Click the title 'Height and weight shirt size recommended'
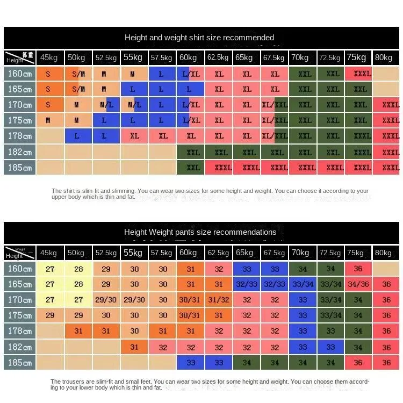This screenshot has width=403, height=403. (199, 38)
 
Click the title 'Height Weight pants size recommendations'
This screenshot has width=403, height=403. (200, 232)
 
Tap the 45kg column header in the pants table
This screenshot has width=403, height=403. (48, 253)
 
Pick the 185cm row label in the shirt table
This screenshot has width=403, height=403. (19, 168)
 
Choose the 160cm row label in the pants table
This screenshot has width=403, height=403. (19, 269)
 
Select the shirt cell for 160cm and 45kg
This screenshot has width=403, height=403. (48, 74)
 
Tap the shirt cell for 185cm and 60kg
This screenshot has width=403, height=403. (191, 168)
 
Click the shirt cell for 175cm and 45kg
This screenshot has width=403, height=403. (48, 120)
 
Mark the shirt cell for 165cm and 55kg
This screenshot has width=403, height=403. (133, 89)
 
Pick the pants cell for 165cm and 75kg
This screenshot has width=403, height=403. (358, 284)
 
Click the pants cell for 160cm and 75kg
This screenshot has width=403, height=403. (358, 269)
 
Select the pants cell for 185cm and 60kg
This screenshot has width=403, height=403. (191, 363)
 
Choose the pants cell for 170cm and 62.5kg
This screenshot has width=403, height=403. (219, 300)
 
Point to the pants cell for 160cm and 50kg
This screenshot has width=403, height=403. (78, 269)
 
